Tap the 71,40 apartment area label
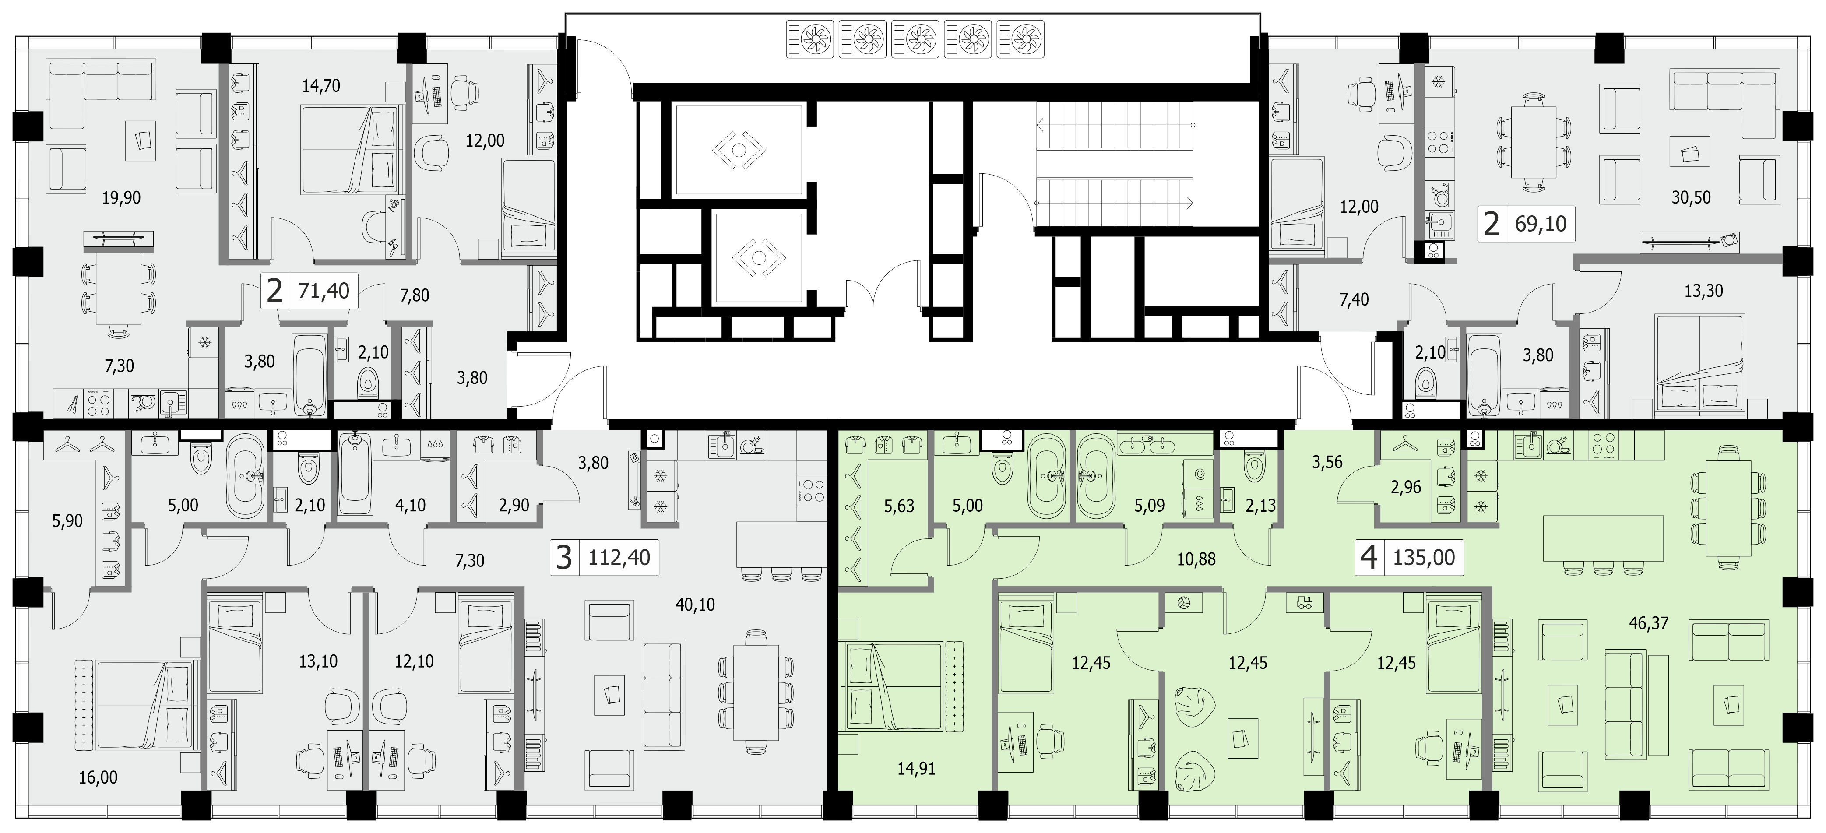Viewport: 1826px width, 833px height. click(x=324, y=291)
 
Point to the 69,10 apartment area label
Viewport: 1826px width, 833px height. click(x=1540, y=224)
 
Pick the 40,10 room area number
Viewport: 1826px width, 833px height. click(x=695, y=605)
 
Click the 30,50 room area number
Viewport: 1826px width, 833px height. click(x=1691, y=198)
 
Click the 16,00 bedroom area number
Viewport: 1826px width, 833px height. click(x=98, y=778)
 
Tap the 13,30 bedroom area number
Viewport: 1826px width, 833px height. click(x=1703, y=291)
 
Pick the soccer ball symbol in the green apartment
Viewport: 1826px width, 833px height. click(x=1183, y=603)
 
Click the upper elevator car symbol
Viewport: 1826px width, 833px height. click(x=738, y=150)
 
